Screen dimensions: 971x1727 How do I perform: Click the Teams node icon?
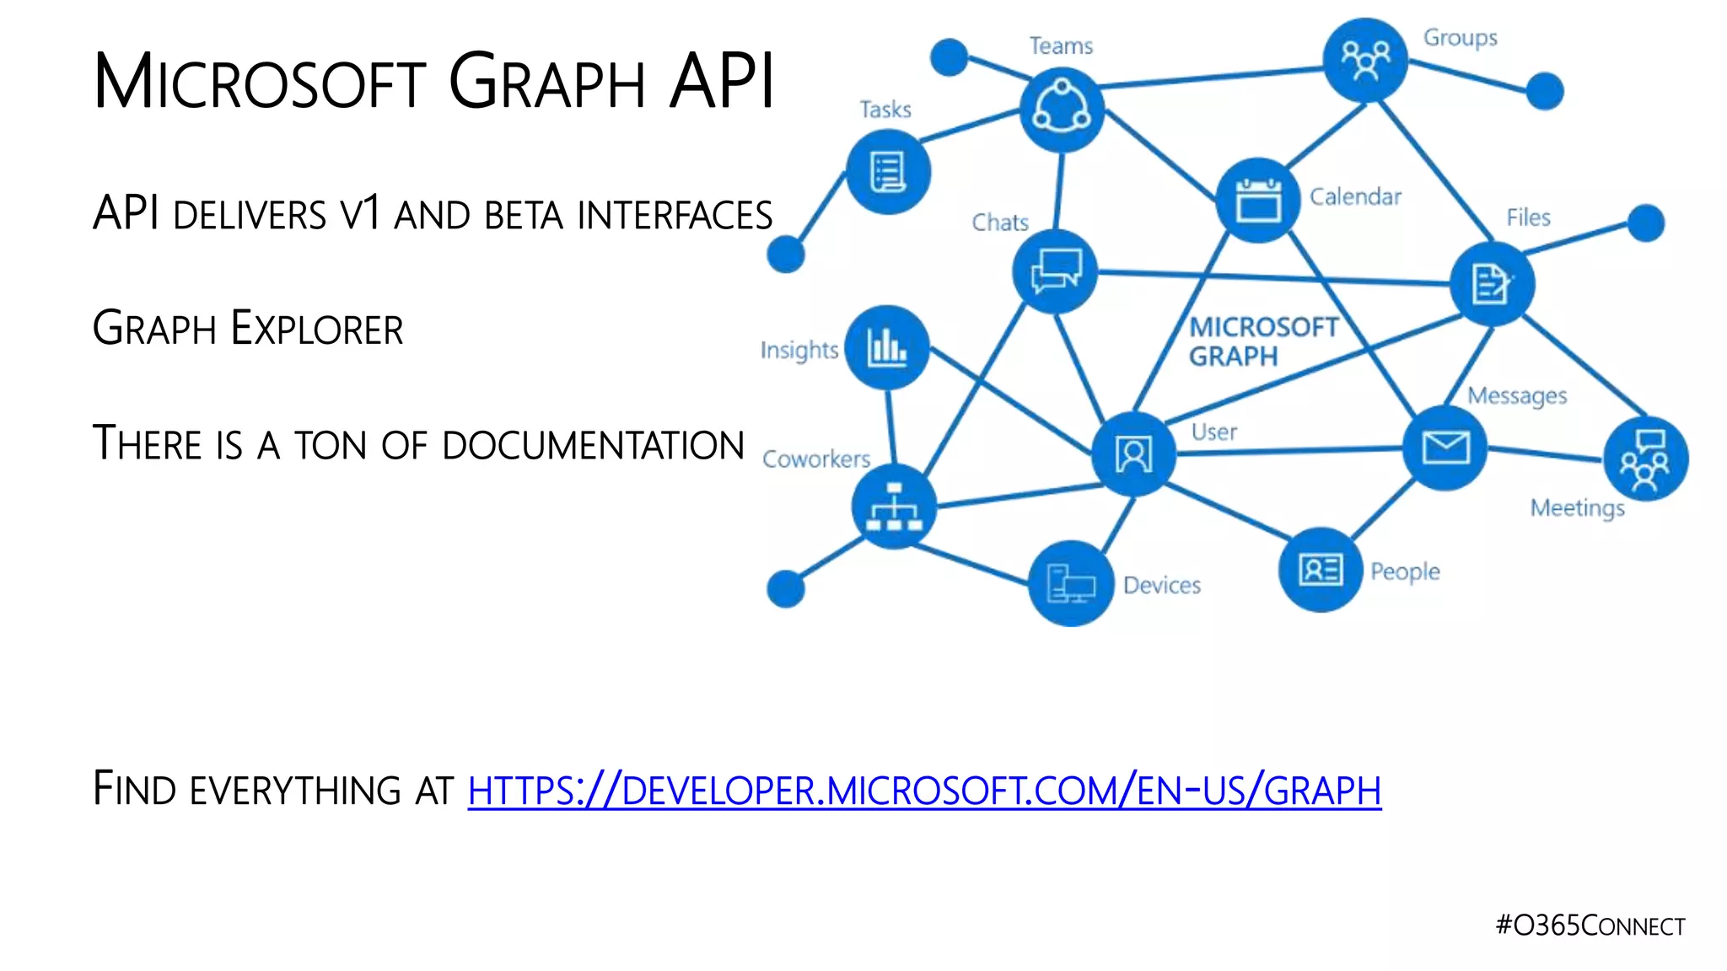pyautogui.click(x=1062, y=110)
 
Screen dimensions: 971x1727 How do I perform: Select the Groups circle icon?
pyautogui.click(x=1365, y=60)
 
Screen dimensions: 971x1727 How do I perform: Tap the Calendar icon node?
pyautogui.click(x=1258, y=200)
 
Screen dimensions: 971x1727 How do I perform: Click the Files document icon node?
pyautogui.click(x=1492, y=283)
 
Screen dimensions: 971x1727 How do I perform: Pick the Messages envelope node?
pyautogui.click(x=1445, y=448)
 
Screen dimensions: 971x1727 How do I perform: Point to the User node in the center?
pyautogui.click(x=1133, y=454)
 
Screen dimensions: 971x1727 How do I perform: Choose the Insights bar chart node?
pyautogui.click(x=887, y=346)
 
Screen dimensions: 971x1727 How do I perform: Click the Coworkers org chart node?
pyautogui.click(x=894, y=507)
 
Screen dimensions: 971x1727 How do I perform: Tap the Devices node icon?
pyautogui.click(x=1070, y=583)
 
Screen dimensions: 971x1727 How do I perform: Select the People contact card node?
pyautogui.click(x=1321, y=570)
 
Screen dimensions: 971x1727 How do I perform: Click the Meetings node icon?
pyautogui.click(x=1645, y=459)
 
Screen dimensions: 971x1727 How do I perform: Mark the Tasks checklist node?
pyautogui.click(x=888, y=172)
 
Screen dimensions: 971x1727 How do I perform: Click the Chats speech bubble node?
pyautogui.click(x=1055, y=271)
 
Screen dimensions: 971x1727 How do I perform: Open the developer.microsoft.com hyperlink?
pyautogui.click(x=924, y=791)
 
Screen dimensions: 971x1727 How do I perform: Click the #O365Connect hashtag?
pyautogui.click(x=1590, y=925)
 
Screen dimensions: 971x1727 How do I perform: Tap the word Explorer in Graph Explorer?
pyautogui.click(x=317, y=329)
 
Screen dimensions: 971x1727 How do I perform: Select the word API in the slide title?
pyautogui.click(x=722, y=82)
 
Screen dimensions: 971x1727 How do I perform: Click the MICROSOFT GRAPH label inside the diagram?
pyautogui.click(x=1262, y=341)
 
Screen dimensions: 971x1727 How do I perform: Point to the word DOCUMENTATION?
pyautogui.click(x=593, y=445)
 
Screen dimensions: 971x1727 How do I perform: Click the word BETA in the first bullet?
pyautogui.click(x=523, y=215)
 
